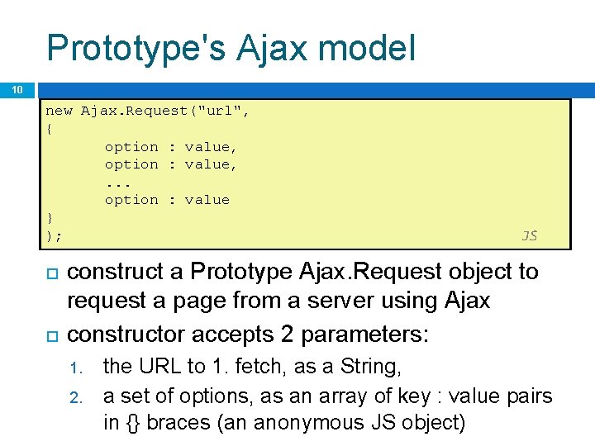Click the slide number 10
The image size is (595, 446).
coord(17,90)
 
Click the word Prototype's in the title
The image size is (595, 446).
coord(135,48)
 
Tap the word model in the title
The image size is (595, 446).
coord(366,48)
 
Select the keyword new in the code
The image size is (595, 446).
coord(59,111)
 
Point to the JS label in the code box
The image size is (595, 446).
coord(530,235)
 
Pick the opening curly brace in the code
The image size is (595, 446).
coord(50,129)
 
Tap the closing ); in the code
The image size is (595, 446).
coord(54,235)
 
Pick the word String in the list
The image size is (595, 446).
coord(370,367)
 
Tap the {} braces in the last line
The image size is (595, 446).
coord(134,423)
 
